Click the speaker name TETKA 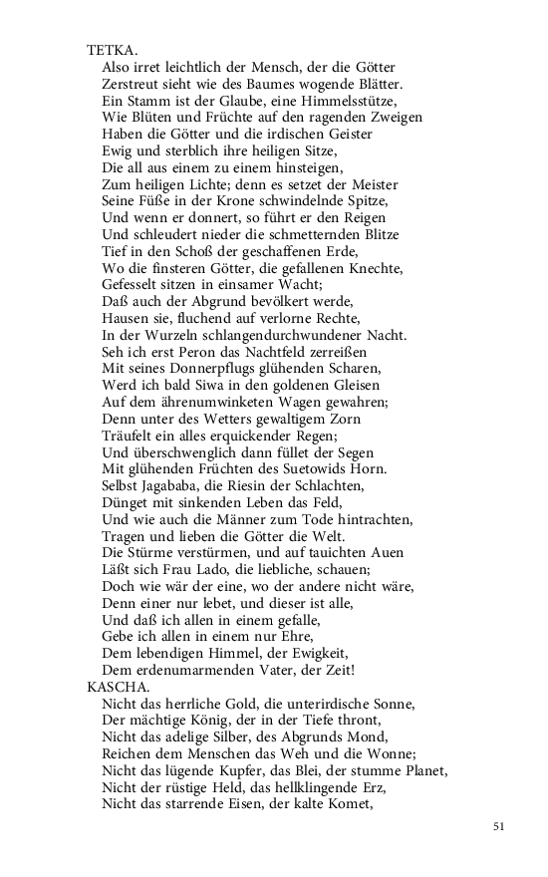click(112, 49)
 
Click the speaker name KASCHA click(118, 687)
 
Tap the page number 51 click(500, 826)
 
